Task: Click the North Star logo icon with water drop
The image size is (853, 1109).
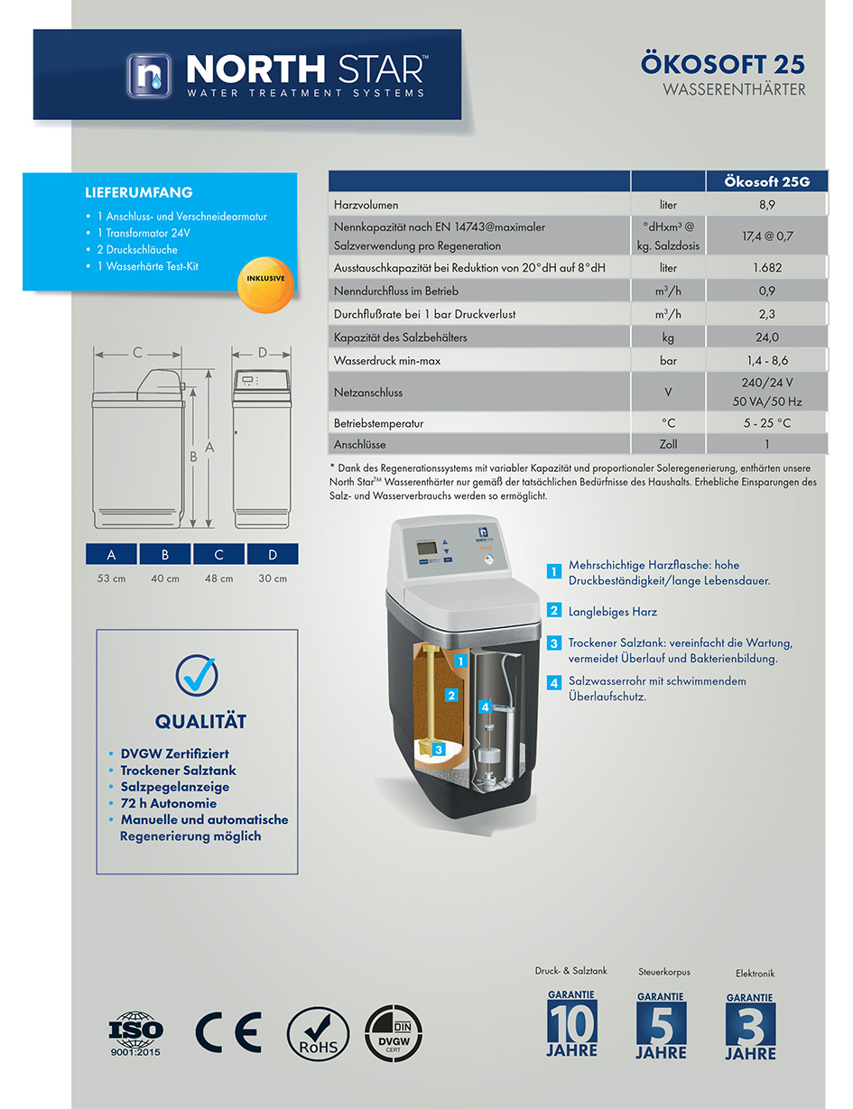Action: click(149, 76)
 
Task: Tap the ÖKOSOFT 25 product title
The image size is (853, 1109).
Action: click(722, 64)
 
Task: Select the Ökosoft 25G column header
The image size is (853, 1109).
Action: click(766, 181)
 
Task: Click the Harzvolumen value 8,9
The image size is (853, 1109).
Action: click(766, 205)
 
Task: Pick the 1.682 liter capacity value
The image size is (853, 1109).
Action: click(766, 267)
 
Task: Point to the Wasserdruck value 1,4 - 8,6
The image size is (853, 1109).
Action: click(766, 360)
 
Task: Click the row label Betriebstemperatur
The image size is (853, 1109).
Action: click(378, 423)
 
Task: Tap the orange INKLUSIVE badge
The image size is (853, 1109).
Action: click(265, 284)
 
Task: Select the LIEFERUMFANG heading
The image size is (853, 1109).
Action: click(139, 192)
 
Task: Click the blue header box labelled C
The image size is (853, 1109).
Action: click(218, 554)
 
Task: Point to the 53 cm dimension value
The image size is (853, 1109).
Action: click(111, 578)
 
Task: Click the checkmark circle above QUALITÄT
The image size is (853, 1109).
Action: click(197, 675)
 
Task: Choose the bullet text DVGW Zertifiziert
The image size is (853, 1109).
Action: click(174, 753)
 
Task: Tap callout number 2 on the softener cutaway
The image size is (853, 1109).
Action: click(450, 695)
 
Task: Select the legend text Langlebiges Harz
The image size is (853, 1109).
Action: click(613, 612)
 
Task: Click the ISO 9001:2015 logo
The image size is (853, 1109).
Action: click(135, 1033)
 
